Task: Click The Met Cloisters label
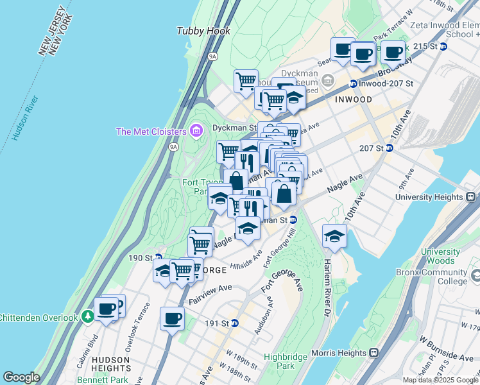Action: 151,132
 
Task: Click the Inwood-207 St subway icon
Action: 353,83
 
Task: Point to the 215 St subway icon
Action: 443,46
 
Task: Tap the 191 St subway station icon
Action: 235,323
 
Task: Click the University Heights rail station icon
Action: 470,197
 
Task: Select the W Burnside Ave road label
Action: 446,347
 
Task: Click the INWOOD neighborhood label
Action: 353,100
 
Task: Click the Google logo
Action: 21,377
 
